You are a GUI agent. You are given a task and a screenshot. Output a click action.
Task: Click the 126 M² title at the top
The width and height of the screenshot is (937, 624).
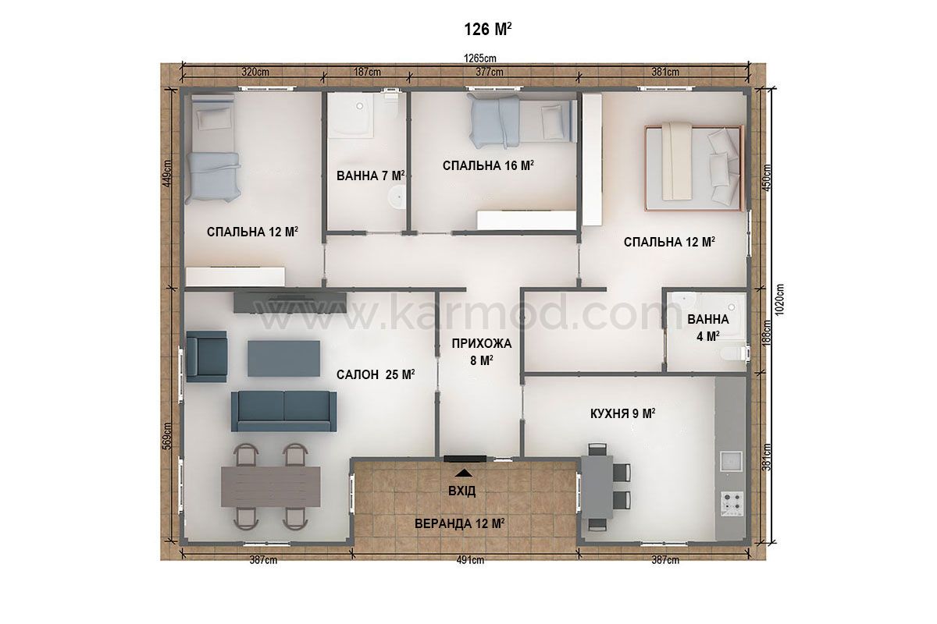coord(488,30)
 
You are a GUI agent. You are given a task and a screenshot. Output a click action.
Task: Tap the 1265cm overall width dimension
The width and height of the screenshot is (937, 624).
coord(479,58)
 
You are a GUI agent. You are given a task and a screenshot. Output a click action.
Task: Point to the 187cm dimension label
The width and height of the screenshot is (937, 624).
coord(367,72)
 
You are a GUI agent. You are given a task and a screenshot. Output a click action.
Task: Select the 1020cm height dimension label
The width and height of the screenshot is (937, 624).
coord(779,300)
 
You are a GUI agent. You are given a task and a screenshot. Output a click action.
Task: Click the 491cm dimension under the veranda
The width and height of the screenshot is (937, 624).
coord(470,560)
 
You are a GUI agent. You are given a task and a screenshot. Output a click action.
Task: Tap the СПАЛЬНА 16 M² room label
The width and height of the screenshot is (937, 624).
coord(488,165)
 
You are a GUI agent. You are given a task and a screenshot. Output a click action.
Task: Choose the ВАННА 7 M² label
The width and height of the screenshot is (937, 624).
coord(371,175)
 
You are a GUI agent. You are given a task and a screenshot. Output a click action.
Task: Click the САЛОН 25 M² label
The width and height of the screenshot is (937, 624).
coord(376,374)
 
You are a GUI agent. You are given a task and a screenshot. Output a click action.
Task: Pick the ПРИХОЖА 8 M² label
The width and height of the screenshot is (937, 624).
coord(482,352)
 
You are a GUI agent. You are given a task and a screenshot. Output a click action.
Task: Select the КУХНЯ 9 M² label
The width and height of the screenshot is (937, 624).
coord(622,413)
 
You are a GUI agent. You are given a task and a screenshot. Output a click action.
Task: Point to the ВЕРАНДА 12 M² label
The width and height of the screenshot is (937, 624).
coord(459,523)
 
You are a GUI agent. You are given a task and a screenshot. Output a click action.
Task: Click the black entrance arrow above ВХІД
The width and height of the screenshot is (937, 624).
coord(464,473)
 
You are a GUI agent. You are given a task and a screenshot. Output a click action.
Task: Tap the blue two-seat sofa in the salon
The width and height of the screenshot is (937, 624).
coord(284,411)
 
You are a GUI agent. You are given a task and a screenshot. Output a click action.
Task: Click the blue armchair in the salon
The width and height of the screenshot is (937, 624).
coord(207,356)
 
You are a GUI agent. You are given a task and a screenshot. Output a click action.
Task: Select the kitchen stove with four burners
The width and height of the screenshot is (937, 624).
coord(732,504)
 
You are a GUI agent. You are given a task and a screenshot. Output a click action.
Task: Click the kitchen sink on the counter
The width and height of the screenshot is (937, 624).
coord(731,461)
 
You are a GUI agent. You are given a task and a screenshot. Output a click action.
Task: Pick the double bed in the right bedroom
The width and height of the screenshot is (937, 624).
coord(693,167)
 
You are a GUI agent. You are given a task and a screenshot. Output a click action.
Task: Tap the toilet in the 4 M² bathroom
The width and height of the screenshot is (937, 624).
coord(735,353)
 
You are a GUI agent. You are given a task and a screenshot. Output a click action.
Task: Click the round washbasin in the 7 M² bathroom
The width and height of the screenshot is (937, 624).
coord(397,197)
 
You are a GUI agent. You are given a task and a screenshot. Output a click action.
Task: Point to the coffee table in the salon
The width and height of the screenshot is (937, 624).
coord(284,359)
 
